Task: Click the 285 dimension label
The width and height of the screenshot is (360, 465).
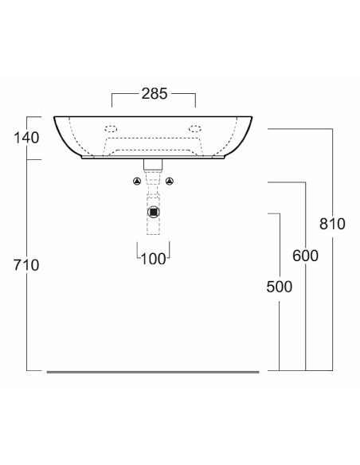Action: click(x=155, y=94)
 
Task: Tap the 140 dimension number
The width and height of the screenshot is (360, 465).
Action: click(x=26, y=138)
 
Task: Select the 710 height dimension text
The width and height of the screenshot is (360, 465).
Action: click(x=26, y=265)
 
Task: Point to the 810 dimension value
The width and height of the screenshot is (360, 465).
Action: click(x=332, y=224)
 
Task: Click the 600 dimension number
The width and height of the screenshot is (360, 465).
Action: click(x=305, y=256)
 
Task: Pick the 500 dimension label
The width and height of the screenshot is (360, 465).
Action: click(x=279, y=287)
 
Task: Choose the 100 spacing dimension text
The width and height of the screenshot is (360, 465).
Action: click(x=153, y=260)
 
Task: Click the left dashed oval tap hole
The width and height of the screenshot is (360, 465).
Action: click(x=111, y=129)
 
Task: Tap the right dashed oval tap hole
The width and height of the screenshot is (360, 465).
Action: click(x=195, y=129)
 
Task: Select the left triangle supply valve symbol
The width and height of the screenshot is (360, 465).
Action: click(x=137, y=182)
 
